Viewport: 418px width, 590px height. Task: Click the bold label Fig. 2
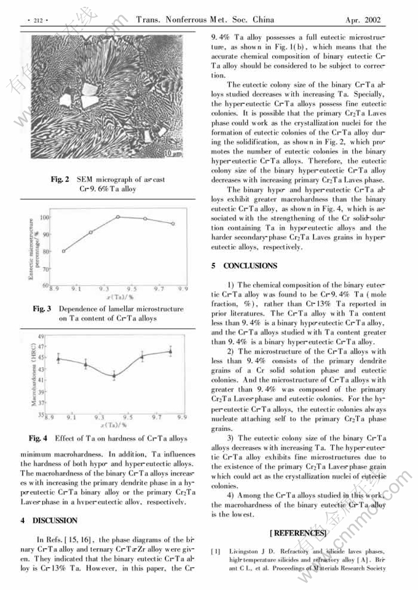(x=60, y=179)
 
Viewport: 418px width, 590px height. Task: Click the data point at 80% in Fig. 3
(x=63, y=250)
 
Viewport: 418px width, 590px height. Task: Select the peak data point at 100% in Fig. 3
(x=117, y=217)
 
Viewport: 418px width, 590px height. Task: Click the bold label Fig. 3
(x=42, y=308)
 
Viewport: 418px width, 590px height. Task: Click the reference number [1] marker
(x=216, y=551)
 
